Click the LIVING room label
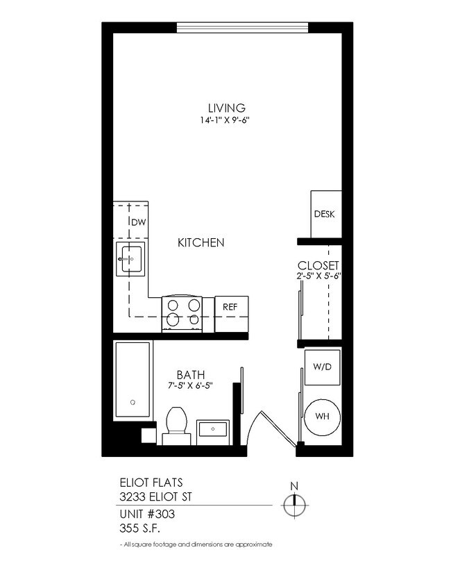click(x=226, y=108)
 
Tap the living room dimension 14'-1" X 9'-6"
click(x=226, y=119)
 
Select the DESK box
click(x=325, y=214)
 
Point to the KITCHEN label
click(x=201, y=242)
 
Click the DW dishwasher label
click(x=139, y=222)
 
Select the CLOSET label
click(x=318, y=265)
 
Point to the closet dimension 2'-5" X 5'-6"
click(x=318, y=276)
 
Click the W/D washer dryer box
click(x=322, y=367)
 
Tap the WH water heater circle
click(x=322, y=417)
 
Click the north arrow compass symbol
click(x=294, y=503)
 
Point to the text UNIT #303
click(x=146, y=515)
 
